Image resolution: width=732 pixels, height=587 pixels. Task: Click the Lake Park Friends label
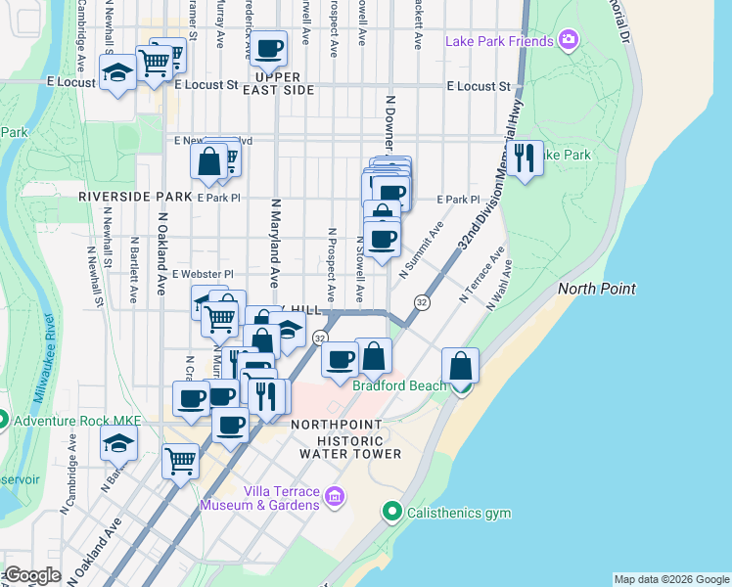coord(499,41)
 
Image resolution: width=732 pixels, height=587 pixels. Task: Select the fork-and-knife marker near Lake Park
coord(526,157)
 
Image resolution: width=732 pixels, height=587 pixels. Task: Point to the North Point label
coord(597,289)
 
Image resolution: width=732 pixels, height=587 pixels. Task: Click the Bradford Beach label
coord(399,385)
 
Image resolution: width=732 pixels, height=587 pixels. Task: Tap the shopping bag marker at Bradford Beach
coord(460,367)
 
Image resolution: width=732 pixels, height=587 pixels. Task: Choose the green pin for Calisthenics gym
coord(392,511)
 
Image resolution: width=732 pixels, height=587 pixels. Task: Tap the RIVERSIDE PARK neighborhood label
coord(127,197)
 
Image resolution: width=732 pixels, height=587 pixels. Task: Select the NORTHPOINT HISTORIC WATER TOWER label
coord(349,439)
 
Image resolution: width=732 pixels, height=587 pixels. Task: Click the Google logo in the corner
coord(32,575)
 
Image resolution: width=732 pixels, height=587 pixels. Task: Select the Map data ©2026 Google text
coord(671,579)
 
